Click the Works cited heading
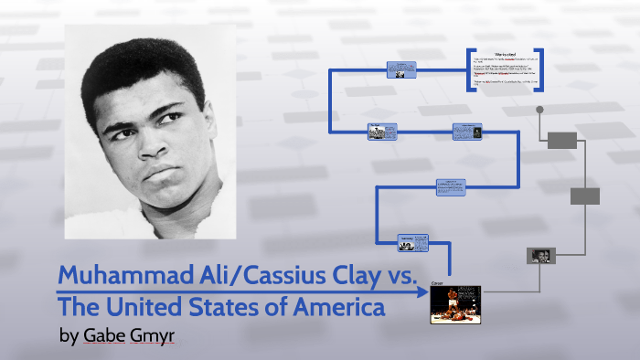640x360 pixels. [x=505, y=54]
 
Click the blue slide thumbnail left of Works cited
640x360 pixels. [x=400, y=69]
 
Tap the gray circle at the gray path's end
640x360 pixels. [x=540, y=109]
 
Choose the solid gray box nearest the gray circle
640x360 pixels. [x=562, y=140]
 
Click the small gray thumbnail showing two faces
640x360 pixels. [x=540, y=256]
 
